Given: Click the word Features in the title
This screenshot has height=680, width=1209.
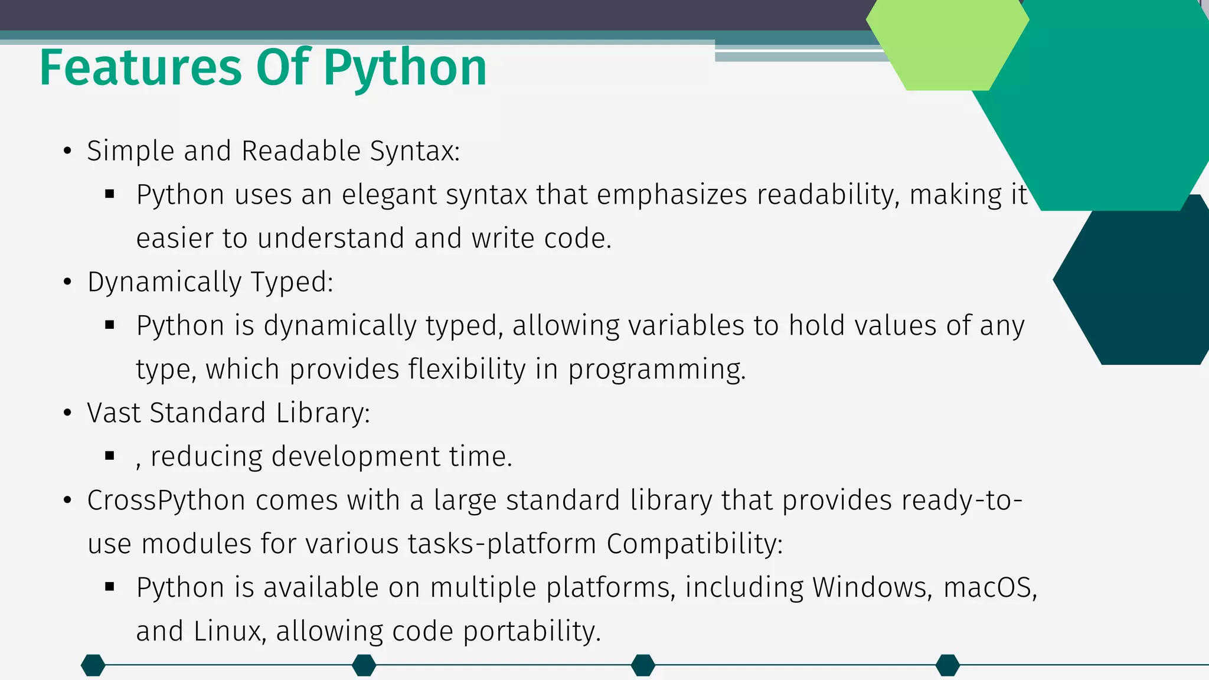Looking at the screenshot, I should click(x=140, y=68).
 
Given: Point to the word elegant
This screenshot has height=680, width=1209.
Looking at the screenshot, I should click(x=388, y=195).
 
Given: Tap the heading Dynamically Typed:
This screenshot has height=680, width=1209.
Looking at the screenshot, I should click(x=210, y=282).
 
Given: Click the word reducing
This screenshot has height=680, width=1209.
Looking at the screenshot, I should click(x=206, y=457).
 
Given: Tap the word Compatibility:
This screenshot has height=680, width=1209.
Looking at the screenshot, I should click(x=694, y=544).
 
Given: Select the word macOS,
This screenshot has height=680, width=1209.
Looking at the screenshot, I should click(x=990, y=588).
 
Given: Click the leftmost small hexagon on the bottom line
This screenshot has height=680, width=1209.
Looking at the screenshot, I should click(x=93, y=665).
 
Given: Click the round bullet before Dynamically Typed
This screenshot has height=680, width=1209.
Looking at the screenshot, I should click(x=68, y=283).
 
